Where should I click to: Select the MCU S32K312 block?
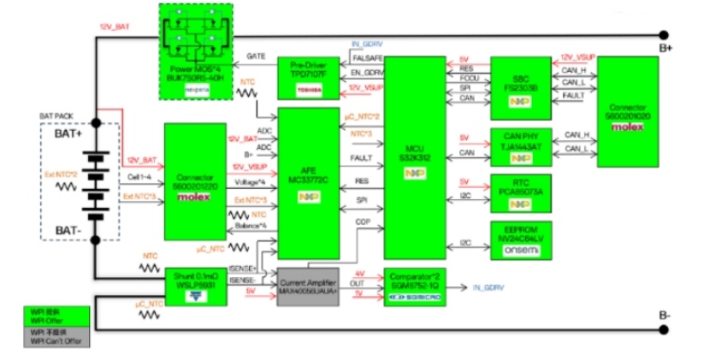[x=415, y=158]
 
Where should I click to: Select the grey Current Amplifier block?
[x=308, y=281]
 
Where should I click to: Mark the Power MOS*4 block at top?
[x=198, y=42]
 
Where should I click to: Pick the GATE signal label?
[x=256, y=56]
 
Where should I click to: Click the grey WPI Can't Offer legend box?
[x=58, y=336]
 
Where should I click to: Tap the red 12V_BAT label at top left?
[x=115, y=25]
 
